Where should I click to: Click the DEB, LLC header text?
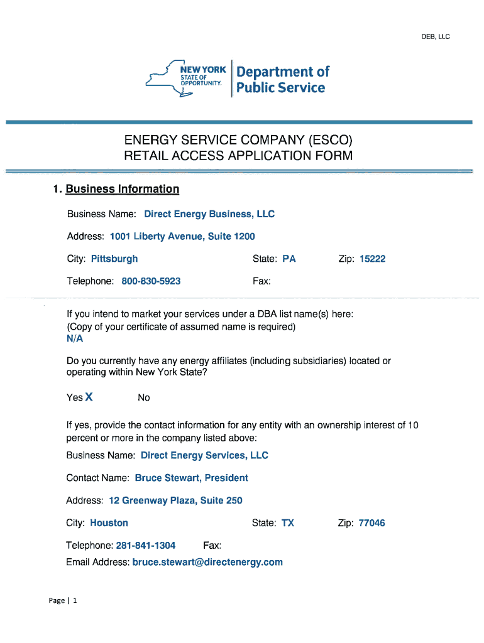435,36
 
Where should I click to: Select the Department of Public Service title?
282,80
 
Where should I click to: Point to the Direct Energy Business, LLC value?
209,214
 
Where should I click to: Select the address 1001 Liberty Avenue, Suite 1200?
182,237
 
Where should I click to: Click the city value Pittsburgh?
114,259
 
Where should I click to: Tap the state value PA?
289,259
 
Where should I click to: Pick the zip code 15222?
372,259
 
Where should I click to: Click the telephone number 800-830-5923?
151,281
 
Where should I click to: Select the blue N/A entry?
74,338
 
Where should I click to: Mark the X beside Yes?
89,397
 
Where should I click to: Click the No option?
144,397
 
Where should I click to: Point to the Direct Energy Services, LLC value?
204,455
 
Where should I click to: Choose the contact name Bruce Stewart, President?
191,478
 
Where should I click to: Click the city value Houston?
109,523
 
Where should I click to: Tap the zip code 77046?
371,523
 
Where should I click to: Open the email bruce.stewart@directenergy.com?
207,562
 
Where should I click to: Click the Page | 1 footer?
63,601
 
